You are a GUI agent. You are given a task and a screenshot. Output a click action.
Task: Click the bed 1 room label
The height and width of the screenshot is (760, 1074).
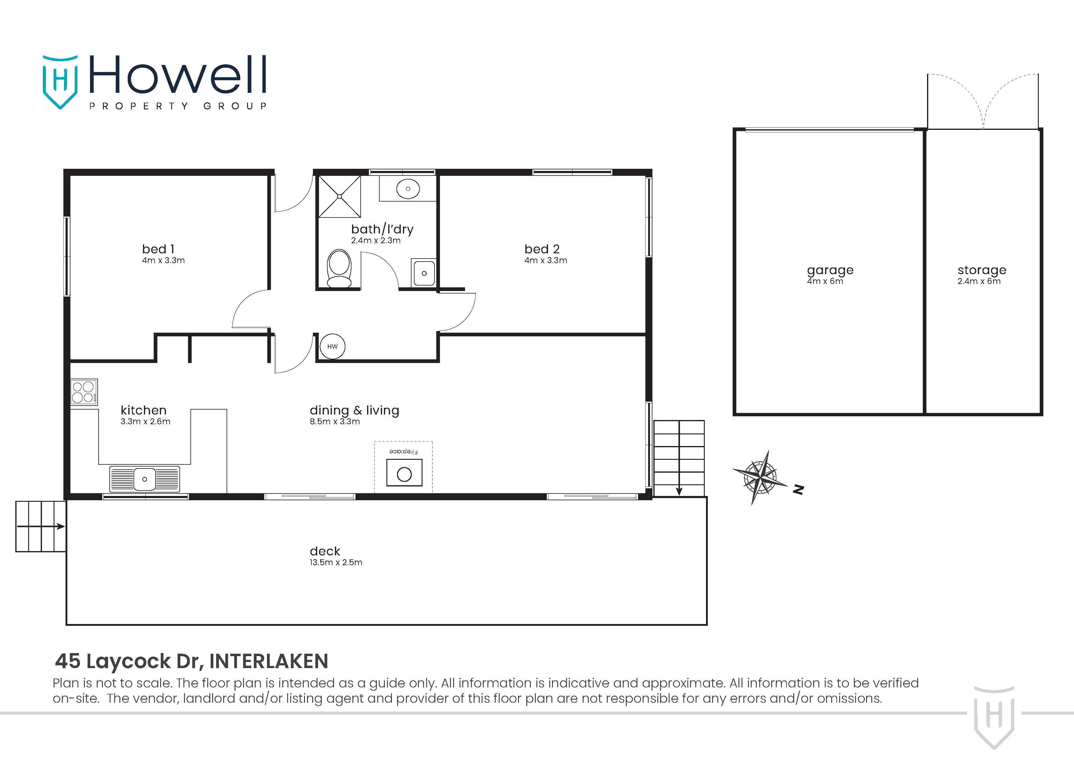[158, 249]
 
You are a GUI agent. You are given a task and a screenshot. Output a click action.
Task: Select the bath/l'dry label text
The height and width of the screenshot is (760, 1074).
[382, 229]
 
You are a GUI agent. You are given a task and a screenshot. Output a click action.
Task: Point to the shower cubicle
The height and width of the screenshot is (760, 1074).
[340, 197]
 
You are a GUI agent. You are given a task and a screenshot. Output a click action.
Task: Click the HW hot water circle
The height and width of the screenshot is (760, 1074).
[332, 346]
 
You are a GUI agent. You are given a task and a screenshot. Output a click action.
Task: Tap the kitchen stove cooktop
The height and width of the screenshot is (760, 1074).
[84, 392]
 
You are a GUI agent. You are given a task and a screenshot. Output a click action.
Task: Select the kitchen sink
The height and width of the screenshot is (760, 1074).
[145, 479]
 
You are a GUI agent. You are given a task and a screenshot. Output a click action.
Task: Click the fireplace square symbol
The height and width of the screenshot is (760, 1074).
[404, 473]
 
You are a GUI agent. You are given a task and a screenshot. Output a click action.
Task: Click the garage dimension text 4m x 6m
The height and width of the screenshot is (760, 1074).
[825, 281]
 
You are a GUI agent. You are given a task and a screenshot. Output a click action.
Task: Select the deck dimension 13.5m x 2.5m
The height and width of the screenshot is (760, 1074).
[336, 562]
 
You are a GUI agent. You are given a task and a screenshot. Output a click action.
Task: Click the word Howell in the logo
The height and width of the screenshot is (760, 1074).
[178, 74]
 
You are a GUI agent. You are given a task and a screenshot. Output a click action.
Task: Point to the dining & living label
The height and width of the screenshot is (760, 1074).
[354, 410]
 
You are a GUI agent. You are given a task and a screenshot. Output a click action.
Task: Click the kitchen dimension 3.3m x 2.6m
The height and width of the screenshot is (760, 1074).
[145, 422]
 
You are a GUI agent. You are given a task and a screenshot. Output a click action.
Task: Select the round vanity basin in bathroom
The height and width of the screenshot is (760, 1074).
[408, 189]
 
